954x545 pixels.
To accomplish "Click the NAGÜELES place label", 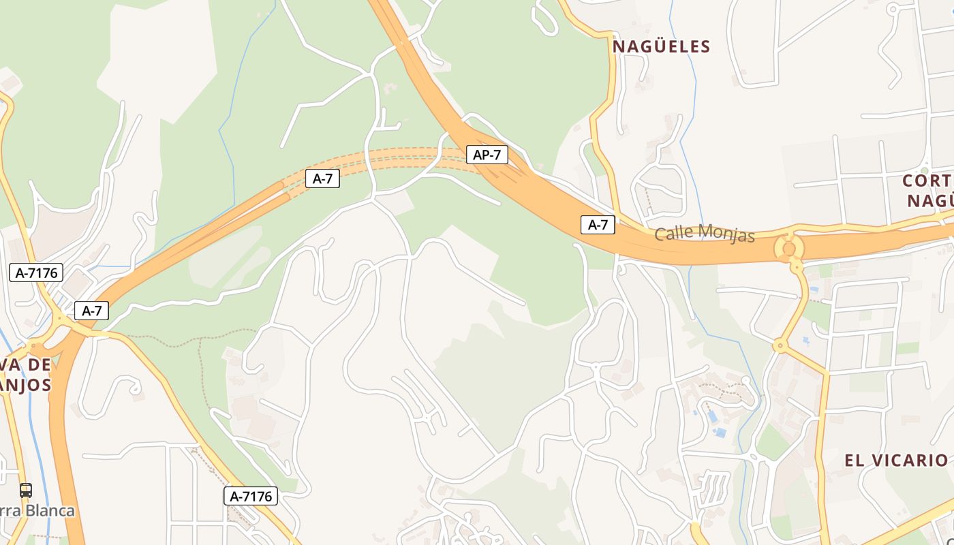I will [x=661, y=46].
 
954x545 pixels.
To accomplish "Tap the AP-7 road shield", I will [x=487, y=155].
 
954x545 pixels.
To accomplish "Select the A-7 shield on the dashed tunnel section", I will [x=322, y=178].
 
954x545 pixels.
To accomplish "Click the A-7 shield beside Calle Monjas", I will [x=598, y=225].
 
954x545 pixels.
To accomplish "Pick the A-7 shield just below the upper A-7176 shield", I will [x=91, y=311].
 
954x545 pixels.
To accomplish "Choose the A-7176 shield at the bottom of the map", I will [x=251, y=496].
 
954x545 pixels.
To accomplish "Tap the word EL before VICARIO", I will [x=855, y=461].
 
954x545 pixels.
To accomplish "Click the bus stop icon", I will [x=25, y=490].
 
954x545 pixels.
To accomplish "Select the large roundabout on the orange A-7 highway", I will [x=789, y=247].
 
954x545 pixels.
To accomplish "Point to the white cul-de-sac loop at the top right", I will [x=893, y=9].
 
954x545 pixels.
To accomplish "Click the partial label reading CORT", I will [x=927, y=181].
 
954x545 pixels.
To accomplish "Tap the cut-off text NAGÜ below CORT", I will [x=929, y=201].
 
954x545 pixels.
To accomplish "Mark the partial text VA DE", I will [x=26, y=365].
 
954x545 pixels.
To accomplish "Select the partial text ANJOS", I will [x=26, y=385].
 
